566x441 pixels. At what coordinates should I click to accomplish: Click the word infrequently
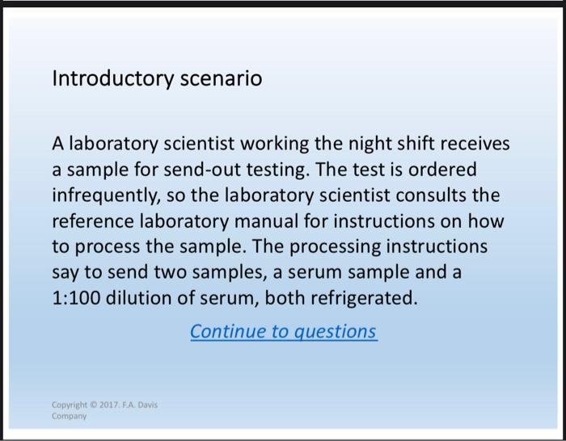(103, 195)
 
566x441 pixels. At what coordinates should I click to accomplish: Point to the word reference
(92, 221)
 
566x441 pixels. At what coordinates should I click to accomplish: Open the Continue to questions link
(283, 331)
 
